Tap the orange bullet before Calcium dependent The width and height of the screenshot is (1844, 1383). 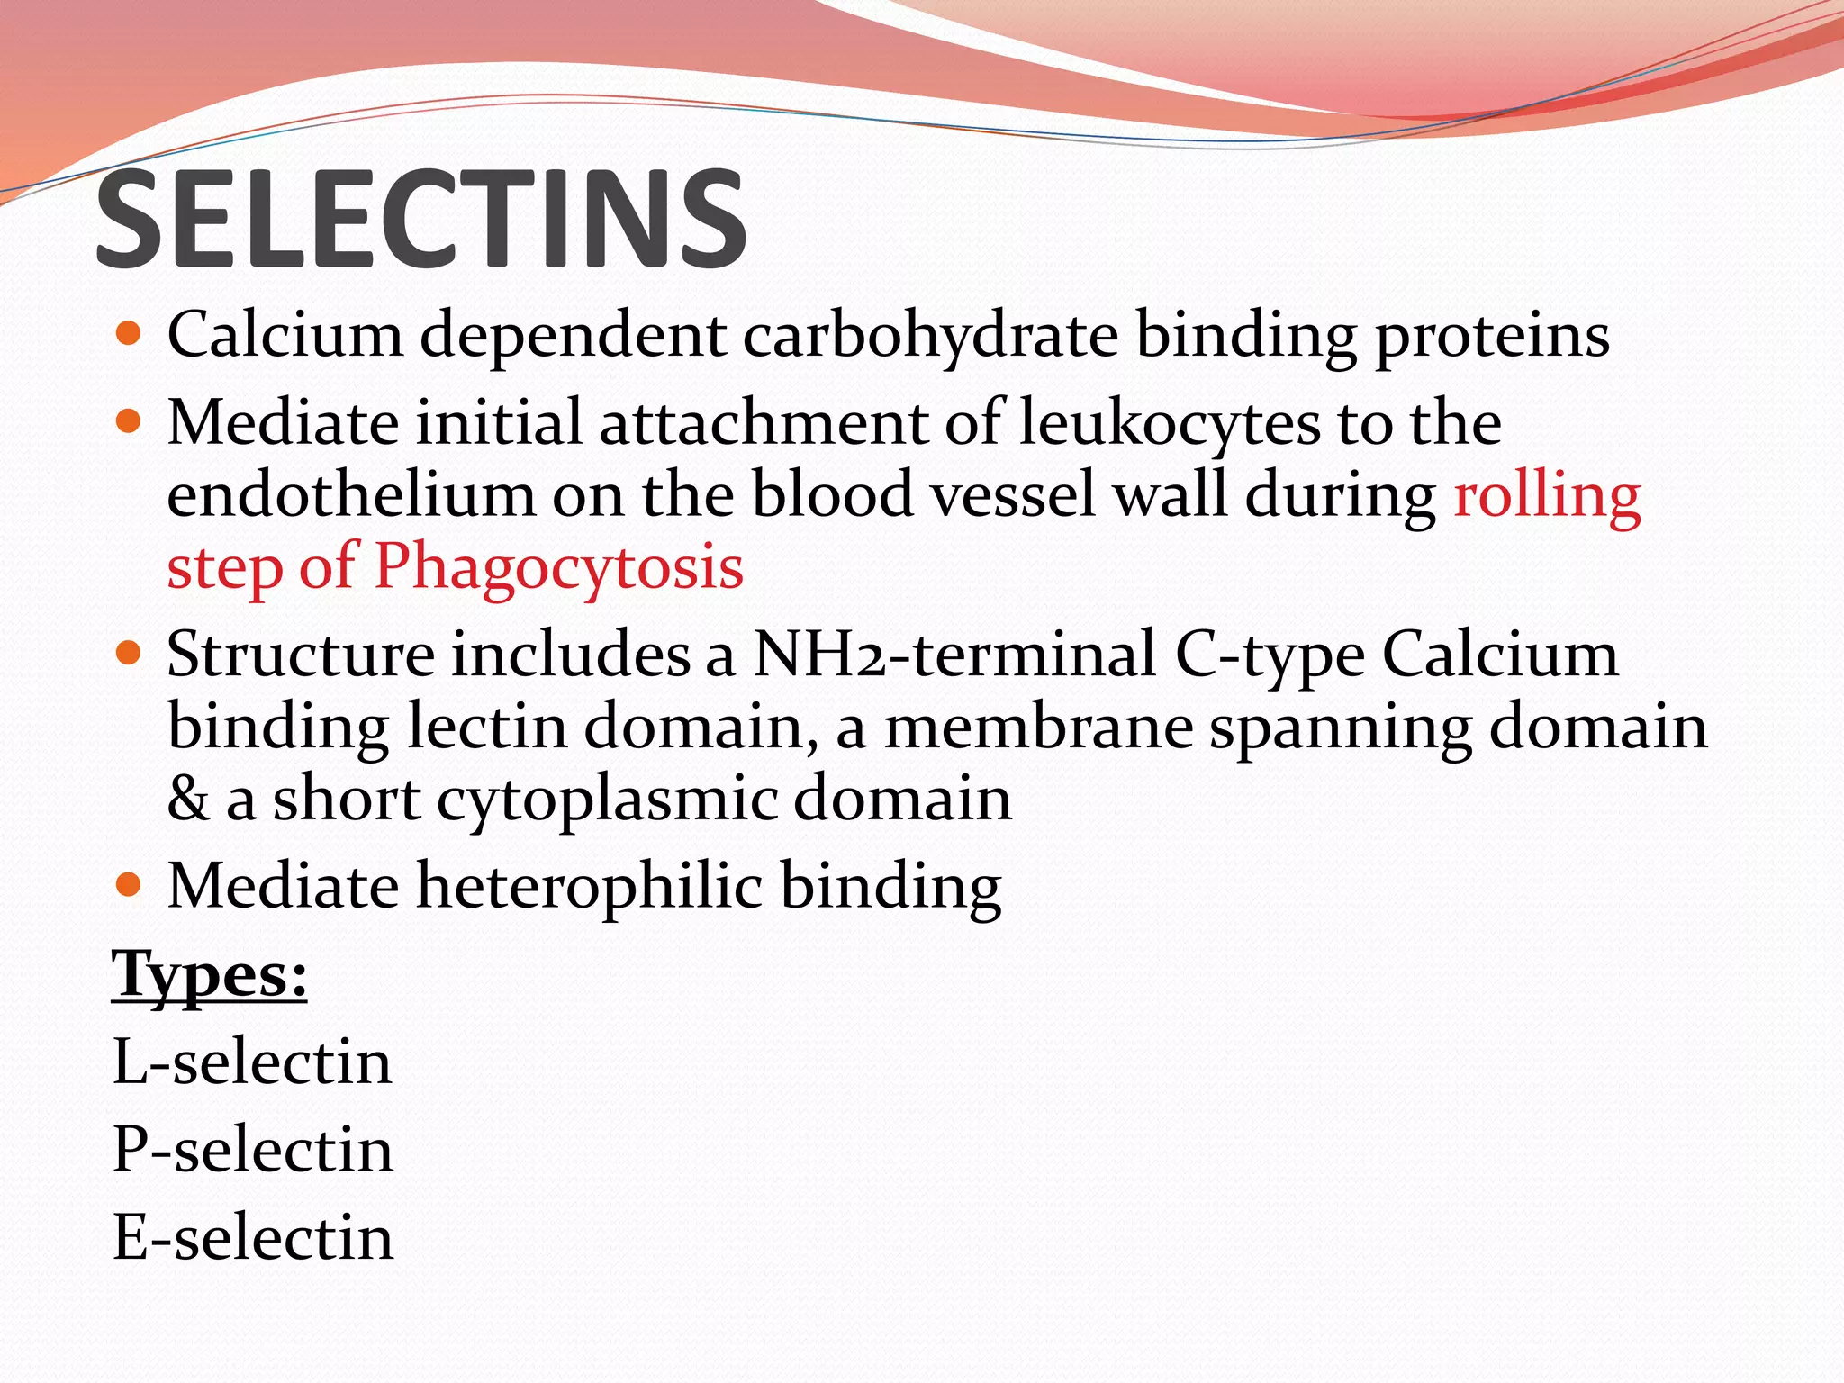tap(130, 334)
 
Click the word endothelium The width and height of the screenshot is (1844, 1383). tap(351, 495)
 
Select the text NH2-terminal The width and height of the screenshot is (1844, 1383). tap(954, 655)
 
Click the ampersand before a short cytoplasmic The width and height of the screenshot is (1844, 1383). tap(187, 800)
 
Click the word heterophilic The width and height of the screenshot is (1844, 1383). tap(589, 886)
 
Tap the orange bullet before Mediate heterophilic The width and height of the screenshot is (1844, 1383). tap(130, 885)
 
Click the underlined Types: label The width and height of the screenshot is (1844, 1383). tap(209, 975)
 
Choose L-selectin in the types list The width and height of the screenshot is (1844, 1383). tap(252, 1062)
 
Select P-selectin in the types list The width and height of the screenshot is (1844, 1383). tap(252, 1150)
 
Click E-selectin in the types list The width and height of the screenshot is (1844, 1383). tap(252, 1237)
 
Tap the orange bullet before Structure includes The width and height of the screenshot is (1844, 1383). tap(130, 653)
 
